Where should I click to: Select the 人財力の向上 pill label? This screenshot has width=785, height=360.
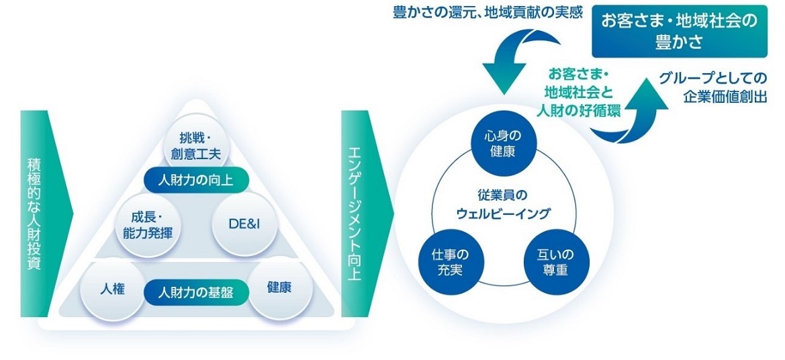pyautogui.click(x=196, y=180)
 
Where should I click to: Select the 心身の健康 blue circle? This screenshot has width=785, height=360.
pyautogui.click(x=503, y=143)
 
